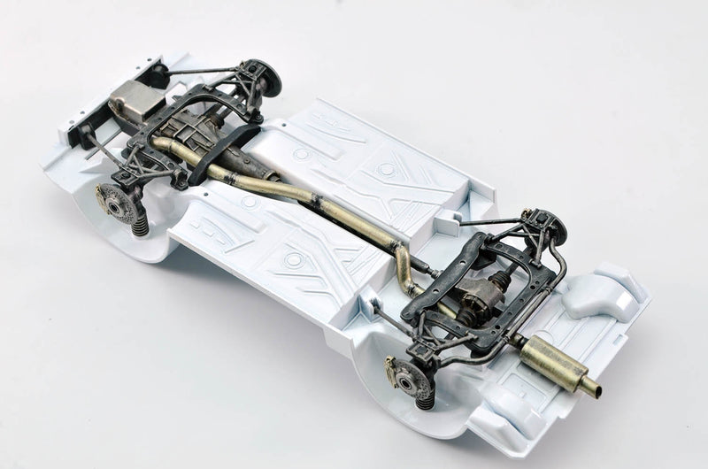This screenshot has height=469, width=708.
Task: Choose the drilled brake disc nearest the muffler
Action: click(408, 379)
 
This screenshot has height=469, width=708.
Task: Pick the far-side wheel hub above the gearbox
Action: click(263, 77)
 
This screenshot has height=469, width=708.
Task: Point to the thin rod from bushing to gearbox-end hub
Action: click(208, 69)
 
